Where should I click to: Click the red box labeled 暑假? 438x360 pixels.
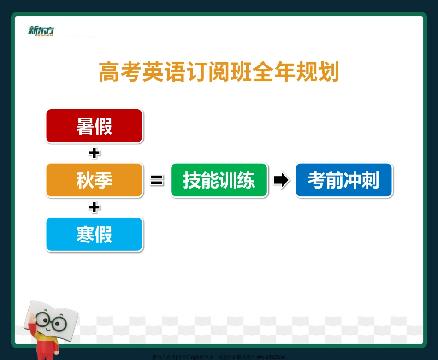click(x=95, y=126)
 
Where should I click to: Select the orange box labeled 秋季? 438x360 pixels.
click(x=95, y=180)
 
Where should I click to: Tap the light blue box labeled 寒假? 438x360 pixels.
click(x=95, y=234)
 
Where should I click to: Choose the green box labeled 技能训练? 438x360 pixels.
click(x=219, y=180)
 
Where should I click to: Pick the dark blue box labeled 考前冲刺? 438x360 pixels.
click(x=344, y=180)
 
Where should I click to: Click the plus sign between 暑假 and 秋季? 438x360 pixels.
click(x=95, y=153)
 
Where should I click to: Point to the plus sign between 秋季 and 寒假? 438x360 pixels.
click(x=95, y=207)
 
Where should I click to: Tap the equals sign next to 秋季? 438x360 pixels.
click(x=157, y=181)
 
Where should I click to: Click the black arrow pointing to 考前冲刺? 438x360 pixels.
click(x=281, y=181)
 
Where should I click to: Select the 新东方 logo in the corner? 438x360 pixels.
click(x=41, y=30)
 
